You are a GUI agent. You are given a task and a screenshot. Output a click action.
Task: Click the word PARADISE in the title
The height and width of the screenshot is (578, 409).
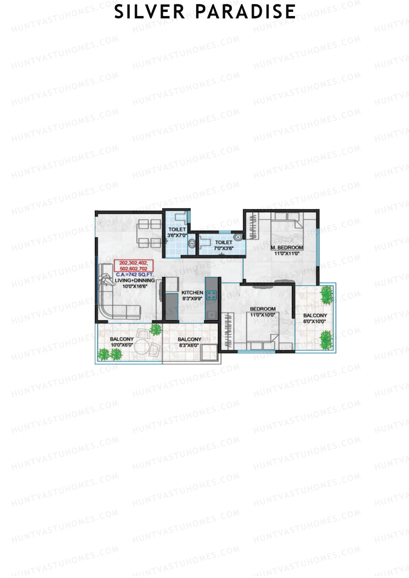(x=245, y=12)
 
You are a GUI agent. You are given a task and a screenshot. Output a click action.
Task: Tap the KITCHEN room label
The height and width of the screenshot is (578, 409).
(x=192, y=293)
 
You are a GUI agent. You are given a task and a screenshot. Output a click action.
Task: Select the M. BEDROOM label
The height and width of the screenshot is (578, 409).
(x=287, y=248)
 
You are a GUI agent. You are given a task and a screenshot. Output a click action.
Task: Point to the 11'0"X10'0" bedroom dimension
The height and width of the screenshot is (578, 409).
(x=262, y=315)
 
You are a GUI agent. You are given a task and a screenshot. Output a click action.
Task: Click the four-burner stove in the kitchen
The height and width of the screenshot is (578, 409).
(x=212, y=295)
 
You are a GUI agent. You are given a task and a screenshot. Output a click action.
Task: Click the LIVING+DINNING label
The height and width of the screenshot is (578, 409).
(x=135, y=280)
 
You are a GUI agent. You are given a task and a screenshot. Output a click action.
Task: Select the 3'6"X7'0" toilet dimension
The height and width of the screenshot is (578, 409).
(x=177, y=235)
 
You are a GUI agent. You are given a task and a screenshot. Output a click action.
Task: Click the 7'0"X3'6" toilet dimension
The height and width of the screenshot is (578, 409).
(x=224, y=248)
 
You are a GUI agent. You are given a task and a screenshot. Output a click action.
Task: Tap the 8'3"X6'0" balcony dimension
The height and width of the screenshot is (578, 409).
(x=189, y=345)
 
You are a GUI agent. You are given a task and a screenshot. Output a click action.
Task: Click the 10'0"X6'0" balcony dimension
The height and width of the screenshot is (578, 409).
(x=122, y=345)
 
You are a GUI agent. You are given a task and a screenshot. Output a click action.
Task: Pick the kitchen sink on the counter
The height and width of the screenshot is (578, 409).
(x=211, y=315)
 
